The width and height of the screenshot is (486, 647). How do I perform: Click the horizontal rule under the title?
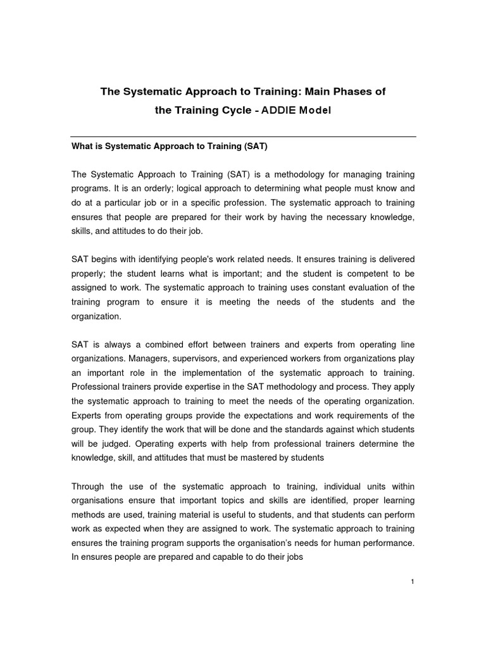(x=243, y=136)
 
